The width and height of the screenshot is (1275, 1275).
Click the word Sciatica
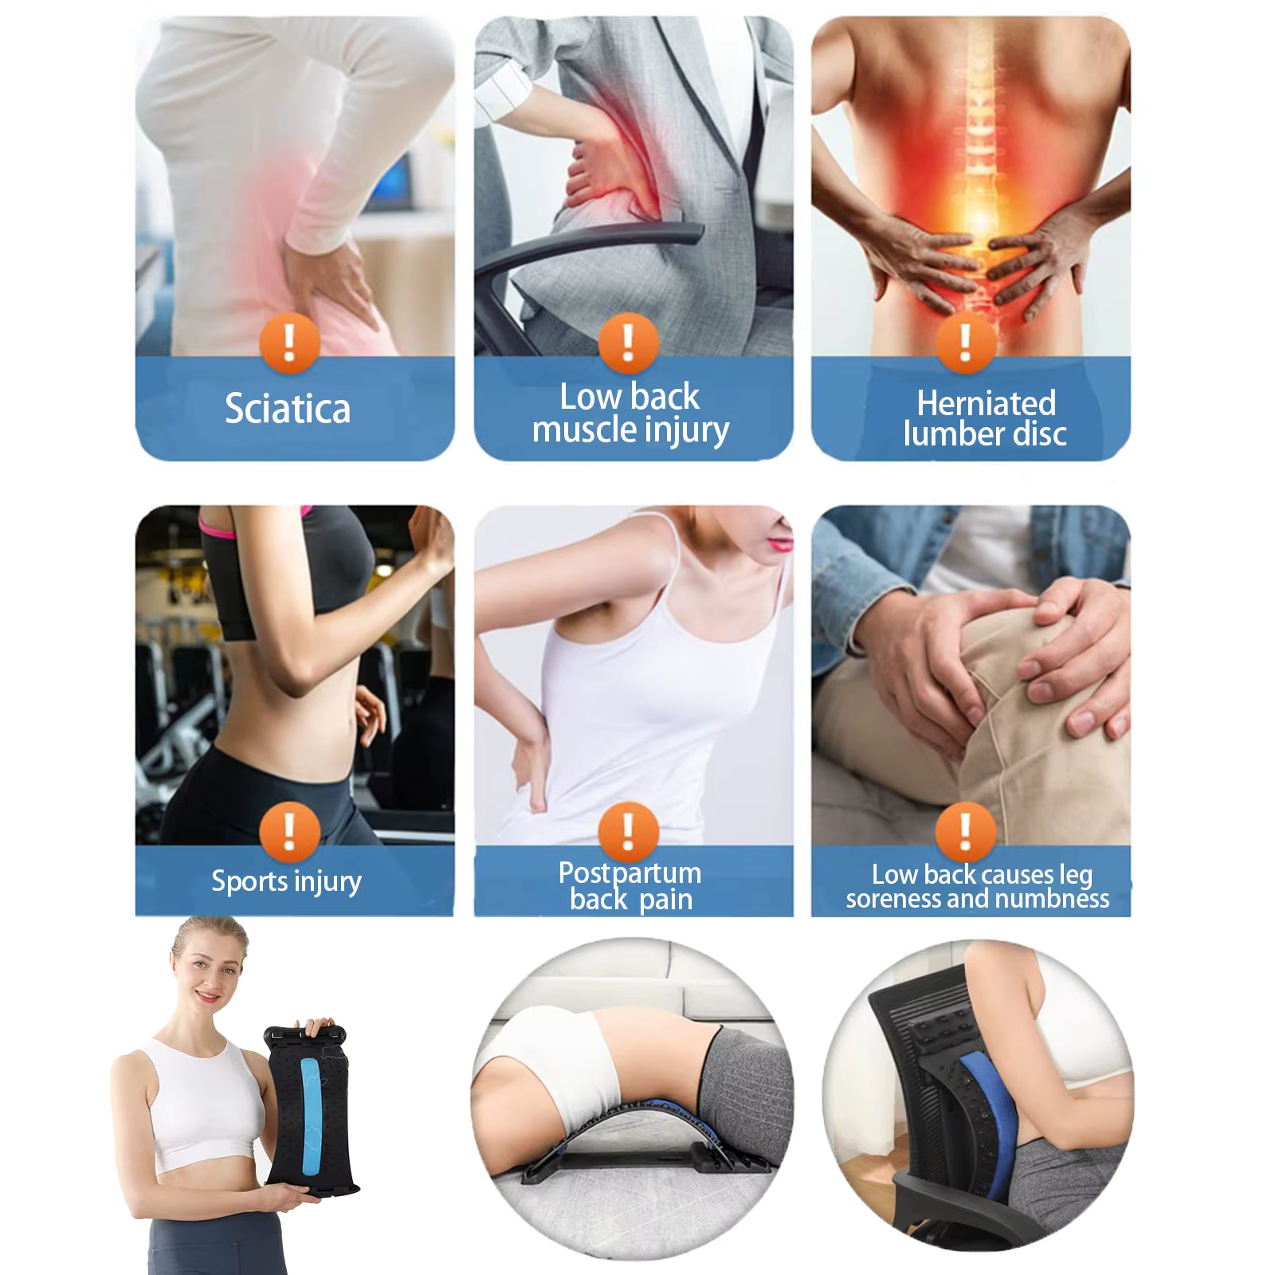[x=288, y=408]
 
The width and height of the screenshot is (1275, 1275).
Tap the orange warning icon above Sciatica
[x=290, y=343]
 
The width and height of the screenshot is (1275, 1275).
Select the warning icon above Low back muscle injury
[x=629, y=343]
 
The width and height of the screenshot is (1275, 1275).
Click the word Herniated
[x=986, y=403]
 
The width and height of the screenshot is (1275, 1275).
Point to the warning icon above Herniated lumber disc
[x=966, y=343]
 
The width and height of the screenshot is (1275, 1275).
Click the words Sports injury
[x=286, y=881]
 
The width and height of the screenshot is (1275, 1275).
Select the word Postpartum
[x=630, y=873]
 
